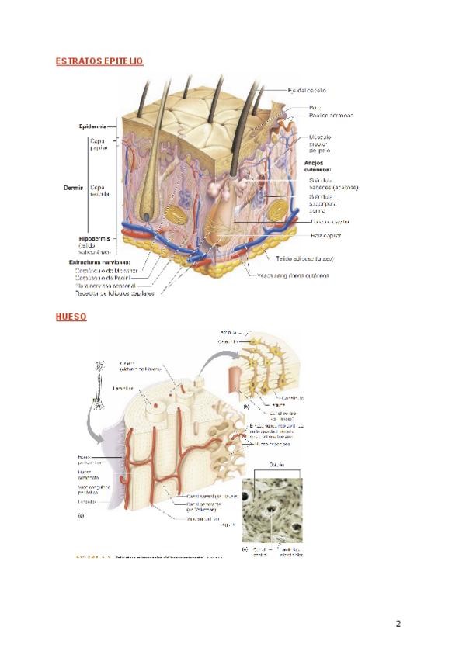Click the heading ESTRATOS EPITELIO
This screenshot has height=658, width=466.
[x=99, y=61]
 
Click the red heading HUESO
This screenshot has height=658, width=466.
[x=71, y=317]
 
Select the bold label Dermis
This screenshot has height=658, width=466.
[x=74, y=187]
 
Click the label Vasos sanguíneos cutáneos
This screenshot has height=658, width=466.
[x=293, y=275]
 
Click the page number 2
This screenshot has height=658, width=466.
[x=398, y=623]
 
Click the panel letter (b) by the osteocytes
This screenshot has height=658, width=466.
[x=246, y=406]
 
